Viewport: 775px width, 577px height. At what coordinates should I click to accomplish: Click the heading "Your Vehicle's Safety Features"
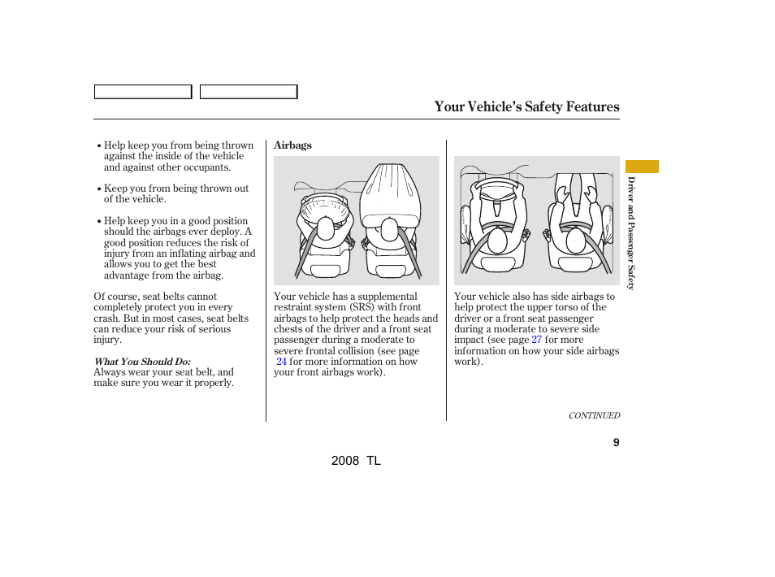526,106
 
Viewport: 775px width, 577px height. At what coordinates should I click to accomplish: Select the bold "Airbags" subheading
292,145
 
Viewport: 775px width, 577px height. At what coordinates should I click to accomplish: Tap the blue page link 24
281,362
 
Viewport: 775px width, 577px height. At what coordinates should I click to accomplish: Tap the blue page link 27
536,340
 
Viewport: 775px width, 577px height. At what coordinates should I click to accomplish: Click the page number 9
616,443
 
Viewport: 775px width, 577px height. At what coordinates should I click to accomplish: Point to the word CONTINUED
594,415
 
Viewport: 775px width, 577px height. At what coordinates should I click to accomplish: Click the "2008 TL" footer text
356,460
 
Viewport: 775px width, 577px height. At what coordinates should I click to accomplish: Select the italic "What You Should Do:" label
142,362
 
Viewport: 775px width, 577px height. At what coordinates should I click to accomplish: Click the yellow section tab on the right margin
642,167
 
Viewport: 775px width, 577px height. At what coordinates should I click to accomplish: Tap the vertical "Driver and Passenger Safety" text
630,233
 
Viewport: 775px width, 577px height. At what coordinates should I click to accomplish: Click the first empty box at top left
143,92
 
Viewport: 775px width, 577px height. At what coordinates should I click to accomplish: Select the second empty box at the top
249,92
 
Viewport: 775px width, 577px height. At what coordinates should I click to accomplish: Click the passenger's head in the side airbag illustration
576,239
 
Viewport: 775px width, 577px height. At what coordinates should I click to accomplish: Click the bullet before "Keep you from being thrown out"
98,189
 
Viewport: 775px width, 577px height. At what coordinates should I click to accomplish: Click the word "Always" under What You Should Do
110,372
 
